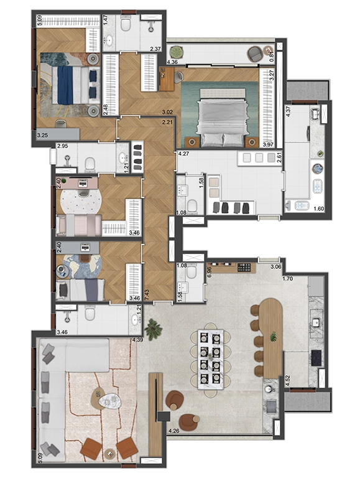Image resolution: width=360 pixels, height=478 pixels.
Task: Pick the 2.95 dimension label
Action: (x=62, y=146)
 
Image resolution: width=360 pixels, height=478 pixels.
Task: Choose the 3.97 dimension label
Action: (x=269, y=144)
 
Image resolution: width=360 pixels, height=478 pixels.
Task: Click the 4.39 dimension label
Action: (x=137, y=340)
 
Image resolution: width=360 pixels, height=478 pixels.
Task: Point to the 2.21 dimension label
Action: (x=166, y=122)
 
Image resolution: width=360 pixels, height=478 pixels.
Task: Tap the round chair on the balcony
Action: (x=255, y=55)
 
